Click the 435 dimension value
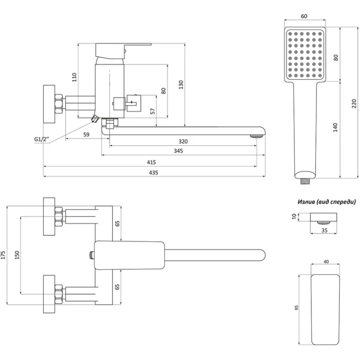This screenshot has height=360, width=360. pos(154,172)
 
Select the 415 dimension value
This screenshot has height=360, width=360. pos(151,162)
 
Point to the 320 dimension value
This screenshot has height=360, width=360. pos(183,141)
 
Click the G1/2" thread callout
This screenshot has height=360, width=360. pos(41,139)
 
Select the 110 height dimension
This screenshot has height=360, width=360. pos(75,77)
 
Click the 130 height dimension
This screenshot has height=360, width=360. pos(181,84)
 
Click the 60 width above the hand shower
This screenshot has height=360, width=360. pos(304,17)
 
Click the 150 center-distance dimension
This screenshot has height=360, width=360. pos(17,255)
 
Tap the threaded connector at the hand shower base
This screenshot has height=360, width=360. pos(305,181)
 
